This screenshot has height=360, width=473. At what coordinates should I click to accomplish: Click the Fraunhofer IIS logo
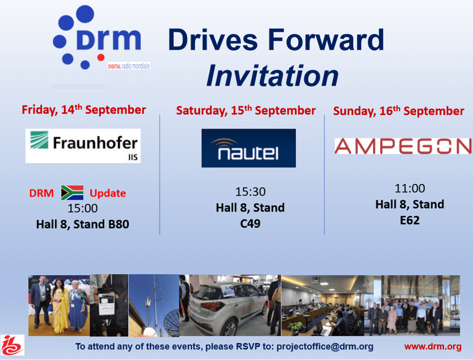(x=83, y=146)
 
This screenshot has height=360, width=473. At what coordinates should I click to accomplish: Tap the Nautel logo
(x=249, y=148)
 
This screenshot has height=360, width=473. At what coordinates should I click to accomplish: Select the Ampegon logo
(x=403, y=146)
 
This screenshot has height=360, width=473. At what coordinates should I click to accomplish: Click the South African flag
(x=72, y=193)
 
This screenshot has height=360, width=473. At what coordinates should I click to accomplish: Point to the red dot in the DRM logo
(x=101, y=57)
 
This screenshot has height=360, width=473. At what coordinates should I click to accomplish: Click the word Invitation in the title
(x=272, y=76)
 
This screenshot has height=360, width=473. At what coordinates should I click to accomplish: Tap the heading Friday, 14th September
(x=84, y=110)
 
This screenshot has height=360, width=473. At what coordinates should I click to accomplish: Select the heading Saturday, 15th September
(x=246, y=111)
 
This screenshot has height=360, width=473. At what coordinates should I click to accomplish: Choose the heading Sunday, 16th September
(x=398, y=111)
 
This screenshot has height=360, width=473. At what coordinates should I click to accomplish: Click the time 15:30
(x=250, y=192)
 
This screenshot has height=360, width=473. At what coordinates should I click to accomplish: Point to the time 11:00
(x=410, y=188)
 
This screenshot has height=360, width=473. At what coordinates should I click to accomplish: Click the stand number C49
(x=250, y=224)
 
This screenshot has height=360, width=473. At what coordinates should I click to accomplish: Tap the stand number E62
(x=410, y=221)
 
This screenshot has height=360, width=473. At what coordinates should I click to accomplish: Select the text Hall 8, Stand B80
(x=83, y=224)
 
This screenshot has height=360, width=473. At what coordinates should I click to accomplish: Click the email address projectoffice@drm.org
(x=325, y=347)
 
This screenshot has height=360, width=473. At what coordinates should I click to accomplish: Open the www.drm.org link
(x=433, y=347)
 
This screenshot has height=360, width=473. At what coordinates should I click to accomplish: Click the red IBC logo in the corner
(x=12, y=345)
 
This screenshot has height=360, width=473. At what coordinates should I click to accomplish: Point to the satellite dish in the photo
(x=172, y=322)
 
